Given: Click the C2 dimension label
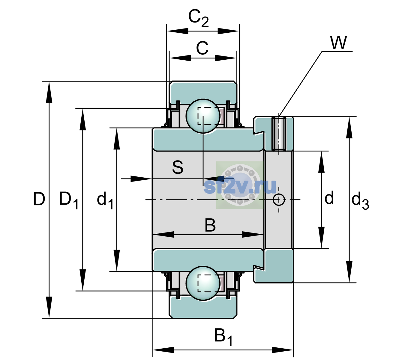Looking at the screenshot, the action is click(198, 19).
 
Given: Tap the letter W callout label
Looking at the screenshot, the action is click(338, 43).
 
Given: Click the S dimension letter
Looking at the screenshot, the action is click(178, 167).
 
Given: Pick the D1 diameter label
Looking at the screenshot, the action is click(69, 200).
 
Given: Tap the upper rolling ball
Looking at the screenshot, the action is click(203, 116).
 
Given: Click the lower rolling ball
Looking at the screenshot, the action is click(203, 283).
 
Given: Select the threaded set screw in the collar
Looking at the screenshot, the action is click(279, 134).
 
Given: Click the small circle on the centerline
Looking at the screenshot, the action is click(279, 199).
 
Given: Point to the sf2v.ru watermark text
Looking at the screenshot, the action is click(240, 187).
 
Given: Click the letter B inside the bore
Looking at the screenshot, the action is click(210, 225).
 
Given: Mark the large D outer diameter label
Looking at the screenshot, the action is click(39, 199).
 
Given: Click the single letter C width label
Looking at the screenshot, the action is click(202, 48).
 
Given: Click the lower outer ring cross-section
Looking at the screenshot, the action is click(203, 307).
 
